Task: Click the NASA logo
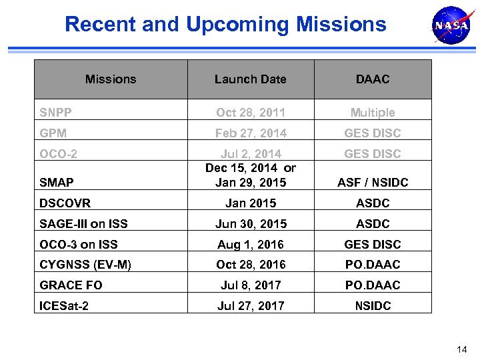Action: (x=451, y=26)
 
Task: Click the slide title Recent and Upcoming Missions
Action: (x=225, y=25)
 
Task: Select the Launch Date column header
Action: (x=250, y=79)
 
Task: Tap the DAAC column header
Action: (x=372, y=79)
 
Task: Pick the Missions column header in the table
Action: (x=111, y=79)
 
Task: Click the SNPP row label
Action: (x=55, y=113)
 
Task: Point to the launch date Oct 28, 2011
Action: (x=250, y=113)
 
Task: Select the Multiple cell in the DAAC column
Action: (x=372, y=113)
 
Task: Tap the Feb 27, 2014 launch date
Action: (x=250, y=133)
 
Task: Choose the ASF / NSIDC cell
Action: (x=372, y=183)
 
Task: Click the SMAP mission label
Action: (x=57, y=182)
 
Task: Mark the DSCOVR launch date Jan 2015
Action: (x=250, y=203)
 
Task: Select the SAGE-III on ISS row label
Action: (x=83, y=224)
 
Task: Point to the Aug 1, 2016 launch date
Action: (x=250, y=245)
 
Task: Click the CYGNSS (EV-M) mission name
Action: (x=85, y=265)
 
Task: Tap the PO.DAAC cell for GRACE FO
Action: (x=372, y=285)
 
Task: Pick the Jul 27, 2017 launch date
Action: (x=250, y=306)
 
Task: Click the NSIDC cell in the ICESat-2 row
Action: (x=372, y=306)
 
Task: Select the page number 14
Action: (x=462, y=349)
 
